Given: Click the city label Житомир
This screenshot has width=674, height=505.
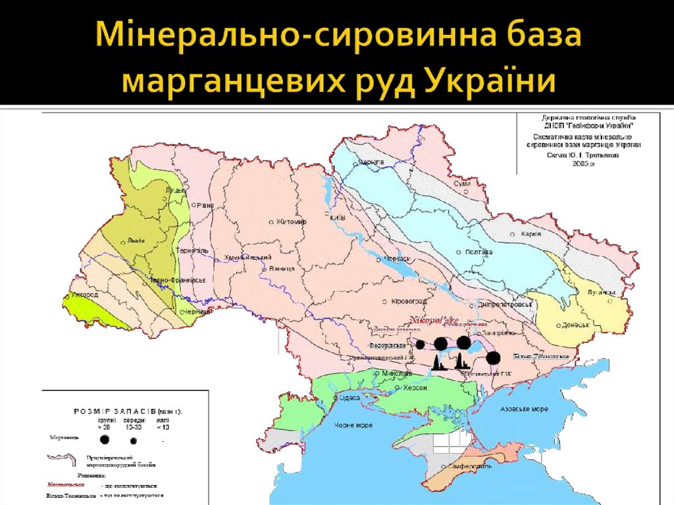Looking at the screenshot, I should (292, 222).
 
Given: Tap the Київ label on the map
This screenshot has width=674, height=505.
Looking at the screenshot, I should (338, 219).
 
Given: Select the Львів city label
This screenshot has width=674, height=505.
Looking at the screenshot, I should (136, 240).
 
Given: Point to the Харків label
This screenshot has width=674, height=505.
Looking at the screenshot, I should (530, 234).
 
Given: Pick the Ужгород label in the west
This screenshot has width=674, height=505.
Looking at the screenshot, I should (86, 295).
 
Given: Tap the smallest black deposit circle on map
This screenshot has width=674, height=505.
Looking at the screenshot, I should (420, 344).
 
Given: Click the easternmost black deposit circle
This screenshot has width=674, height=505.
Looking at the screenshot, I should (494, 358).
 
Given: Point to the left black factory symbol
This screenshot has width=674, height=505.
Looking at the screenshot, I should (436, 362).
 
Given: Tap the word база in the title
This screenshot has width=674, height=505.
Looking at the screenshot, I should (524, 36).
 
